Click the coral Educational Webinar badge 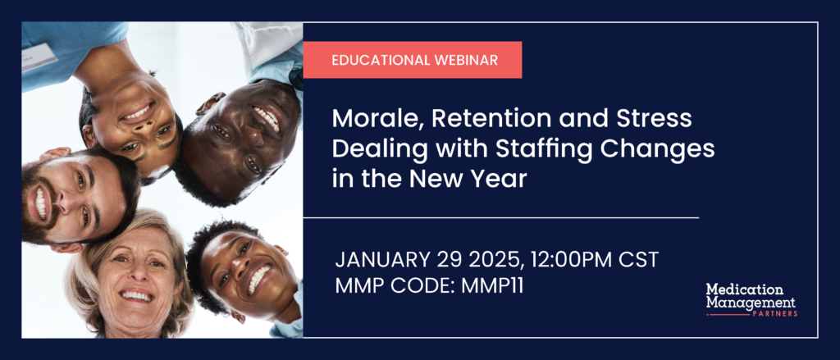pyautogui.click(x=412, y=60)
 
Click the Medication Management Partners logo pyautogui.click(x=751, y=299)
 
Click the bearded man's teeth pyautogui.click(x=40, y=203)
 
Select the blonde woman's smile pyautogui.click(x=136, y=296)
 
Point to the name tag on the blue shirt pyautogui.click(x=39, y=57)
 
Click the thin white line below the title pyautogui.click(x=501, y=218)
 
